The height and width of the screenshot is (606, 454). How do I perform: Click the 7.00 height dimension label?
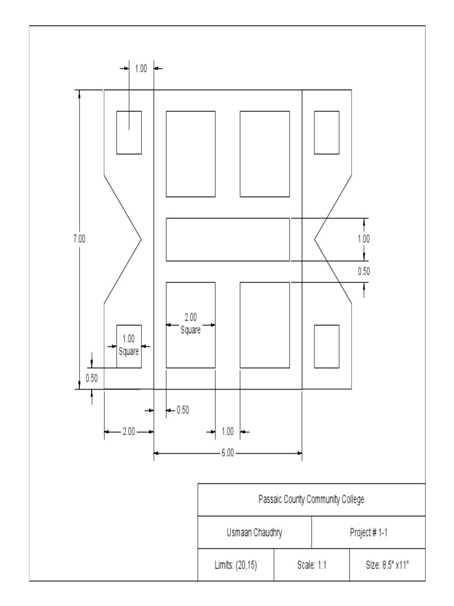pos(79,238)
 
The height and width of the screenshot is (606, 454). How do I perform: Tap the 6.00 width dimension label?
pos(228,453)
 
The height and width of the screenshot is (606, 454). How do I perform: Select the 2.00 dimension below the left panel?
pos(129,431)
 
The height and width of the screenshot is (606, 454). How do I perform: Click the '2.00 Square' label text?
pos(190,324)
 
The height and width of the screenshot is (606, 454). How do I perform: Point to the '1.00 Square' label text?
pos(129,345)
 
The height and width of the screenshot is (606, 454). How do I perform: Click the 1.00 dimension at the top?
pos(141,69)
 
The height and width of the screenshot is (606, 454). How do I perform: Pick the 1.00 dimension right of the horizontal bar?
pos(364,239)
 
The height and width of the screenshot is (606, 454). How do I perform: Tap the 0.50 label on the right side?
pos(364,271)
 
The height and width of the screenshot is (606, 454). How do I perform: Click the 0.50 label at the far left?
pos(92,378)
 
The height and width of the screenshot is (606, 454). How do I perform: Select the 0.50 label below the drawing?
pos(183,410)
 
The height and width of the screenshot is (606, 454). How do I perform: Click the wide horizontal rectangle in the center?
pos(228,240)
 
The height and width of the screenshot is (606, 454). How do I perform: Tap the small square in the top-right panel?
pos(326,133)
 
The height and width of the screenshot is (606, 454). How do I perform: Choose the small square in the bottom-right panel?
pos(326,346)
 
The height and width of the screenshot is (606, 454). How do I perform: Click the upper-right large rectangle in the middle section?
pos(264,154)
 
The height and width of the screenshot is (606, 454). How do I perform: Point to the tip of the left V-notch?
pos(141,240)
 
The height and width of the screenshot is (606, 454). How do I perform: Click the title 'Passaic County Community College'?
pos(311,499)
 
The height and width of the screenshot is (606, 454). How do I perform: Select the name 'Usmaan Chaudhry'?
pos(254,533)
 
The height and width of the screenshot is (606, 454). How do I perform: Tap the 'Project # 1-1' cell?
pos(368,533)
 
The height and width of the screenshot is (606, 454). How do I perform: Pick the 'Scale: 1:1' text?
pos(312,565)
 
